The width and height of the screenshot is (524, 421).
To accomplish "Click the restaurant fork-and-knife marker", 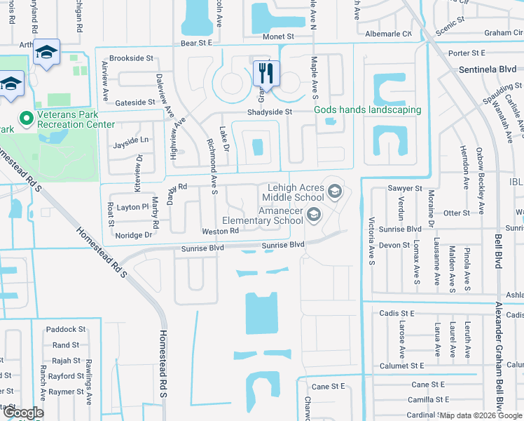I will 266,72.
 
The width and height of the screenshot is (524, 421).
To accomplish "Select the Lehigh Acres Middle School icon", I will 334,189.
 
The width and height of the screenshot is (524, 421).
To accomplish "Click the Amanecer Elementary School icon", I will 313,215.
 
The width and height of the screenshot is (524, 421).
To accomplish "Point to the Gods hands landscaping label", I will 367,110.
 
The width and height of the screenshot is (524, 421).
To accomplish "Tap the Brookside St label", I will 132,58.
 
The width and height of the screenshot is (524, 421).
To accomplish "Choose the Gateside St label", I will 135,102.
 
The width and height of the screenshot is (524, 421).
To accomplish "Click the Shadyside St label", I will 268,112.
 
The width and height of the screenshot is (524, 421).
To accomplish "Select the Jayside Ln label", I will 132,140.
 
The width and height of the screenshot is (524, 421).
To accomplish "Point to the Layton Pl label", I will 133,208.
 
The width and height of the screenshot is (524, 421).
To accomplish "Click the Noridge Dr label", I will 134,235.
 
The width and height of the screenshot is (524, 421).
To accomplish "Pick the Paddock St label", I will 66,329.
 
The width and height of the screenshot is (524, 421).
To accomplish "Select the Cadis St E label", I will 397,314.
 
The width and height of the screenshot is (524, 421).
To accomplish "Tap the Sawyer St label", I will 405,189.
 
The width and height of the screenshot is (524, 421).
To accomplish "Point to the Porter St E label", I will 467,53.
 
